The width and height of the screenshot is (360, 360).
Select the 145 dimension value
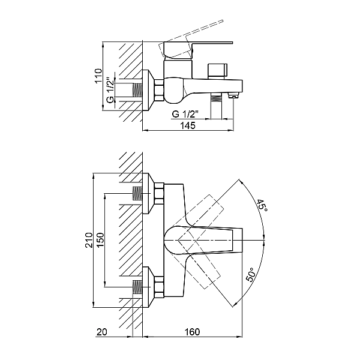(x=188, y=125)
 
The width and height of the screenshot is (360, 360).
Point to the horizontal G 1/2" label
(x=185, y=114)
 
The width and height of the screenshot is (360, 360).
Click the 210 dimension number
(x=89, y=240)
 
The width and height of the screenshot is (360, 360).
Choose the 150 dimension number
(x=100, y=240)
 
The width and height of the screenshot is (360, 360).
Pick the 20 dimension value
(x=102, y=332)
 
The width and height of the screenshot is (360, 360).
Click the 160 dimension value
(x=192, y=332)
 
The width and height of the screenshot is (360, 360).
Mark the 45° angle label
(x=262, y=206)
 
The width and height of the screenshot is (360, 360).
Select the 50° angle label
(x=250, y=275)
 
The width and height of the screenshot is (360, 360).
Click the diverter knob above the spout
(x=217, y=71)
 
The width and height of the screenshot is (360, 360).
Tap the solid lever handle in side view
(x=199, y=50)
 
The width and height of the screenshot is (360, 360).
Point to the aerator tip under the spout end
(x=233, y=95)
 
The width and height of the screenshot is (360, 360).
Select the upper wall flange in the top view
(x=149, y=193)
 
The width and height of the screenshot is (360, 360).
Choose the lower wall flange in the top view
(x=149, y=287)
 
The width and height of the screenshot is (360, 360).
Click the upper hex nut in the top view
(x=159, y=194)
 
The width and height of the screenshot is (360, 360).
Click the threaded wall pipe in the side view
(x=137, y=90)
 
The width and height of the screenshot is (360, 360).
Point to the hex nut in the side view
(x=159, y=90)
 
